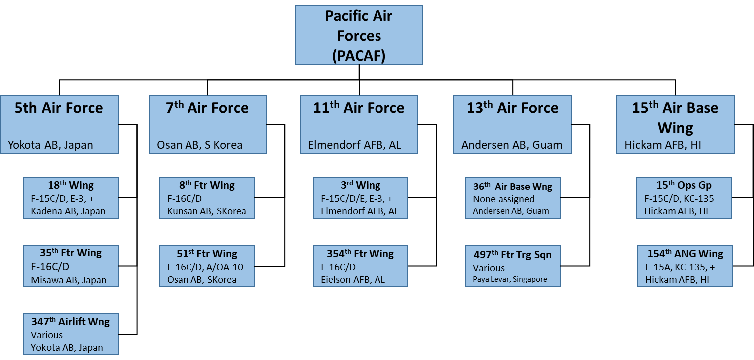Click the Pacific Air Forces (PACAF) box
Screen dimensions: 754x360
[x=359, y=35]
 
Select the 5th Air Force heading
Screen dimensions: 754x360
[x=59, y=108]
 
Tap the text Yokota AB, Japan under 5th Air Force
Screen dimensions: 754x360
[x=50, y=145]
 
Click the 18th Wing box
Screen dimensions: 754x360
[x=71, y=198]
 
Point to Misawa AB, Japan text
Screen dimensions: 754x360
[x=69, y=280]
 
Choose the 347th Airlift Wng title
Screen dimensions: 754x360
[x=71, y=321]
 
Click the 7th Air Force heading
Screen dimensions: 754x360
[x=207, y=108]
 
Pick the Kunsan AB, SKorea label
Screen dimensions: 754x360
[x=206, y=211]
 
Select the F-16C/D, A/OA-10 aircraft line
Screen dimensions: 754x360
[x=205, y=267]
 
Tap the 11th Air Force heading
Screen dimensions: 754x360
[x=359, y=108]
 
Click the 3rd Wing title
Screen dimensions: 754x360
[x=361, y=185]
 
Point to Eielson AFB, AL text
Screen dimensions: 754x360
[x=353, y=280]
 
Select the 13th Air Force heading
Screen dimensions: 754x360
[x=512, y=108]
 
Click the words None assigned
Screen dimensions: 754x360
[x=504, y=199]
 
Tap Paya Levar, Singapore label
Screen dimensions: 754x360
[x=510, y=279]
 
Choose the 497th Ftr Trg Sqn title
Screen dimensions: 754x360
[x=513, y=255]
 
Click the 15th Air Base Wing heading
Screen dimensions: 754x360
[x=675, y=118]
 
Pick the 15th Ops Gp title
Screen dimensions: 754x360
[x=684, y=185]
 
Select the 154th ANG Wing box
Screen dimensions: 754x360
[x=685, y=266]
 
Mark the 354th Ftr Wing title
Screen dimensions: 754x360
[x=360, y=254]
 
